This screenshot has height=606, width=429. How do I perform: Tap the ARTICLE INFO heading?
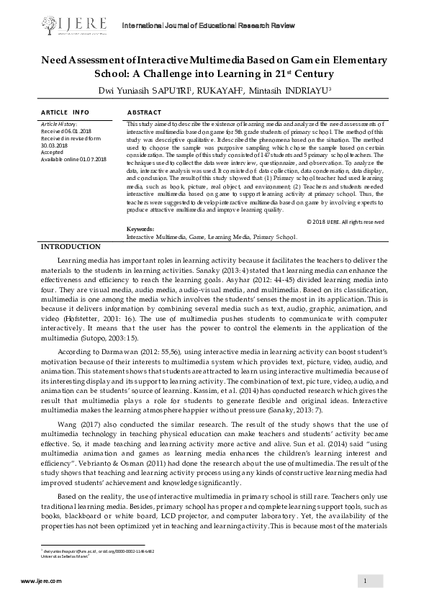coord(65,113)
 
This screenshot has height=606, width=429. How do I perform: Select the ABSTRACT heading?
coord(143,113)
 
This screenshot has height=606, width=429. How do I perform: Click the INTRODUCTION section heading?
coord(70,247)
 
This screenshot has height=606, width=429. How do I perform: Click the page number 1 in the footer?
coord(366,581)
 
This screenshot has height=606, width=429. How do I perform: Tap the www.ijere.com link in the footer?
coord(42,581)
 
